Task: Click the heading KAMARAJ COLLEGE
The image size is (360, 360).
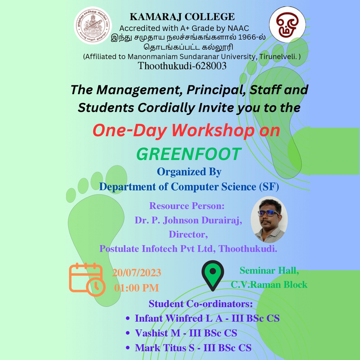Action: coord(182,17)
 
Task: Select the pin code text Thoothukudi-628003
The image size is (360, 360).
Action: coord(182,66)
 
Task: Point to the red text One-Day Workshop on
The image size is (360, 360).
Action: coord(186,131)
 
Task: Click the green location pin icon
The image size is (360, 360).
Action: coord(213,275)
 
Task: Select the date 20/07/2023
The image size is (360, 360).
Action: coord(137,273)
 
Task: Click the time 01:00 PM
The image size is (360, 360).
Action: coord(136,288)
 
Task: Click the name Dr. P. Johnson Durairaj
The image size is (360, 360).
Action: coord(188,221)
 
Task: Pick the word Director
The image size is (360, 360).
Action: coord(188,234)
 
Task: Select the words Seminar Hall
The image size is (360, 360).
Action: coord(269,271)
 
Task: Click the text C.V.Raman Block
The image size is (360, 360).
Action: coord(269,284)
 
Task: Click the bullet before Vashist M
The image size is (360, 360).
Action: coord(128,333)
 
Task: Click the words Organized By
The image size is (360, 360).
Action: coord(189,172)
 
